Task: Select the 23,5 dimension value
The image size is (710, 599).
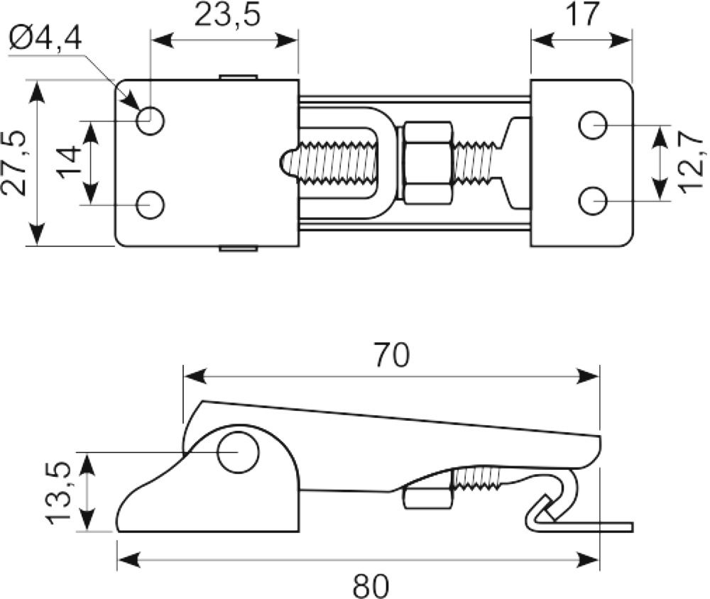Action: coord(228,16)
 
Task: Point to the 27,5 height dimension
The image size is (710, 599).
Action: coord(13,163)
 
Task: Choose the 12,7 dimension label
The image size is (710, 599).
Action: coord(692,162)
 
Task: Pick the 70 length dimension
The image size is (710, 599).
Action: coord(391,355)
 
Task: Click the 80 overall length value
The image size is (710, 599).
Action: coord(371,586)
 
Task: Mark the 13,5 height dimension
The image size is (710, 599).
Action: coord(58,493)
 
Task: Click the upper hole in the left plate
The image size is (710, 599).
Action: coord(151,121)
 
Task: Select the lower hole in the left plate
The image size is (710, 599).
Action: coord(151,205)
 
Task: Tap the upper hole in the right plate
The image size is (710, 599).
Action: coord(593,125)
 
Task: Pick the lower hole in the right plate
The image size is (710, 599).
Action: coord(593,201)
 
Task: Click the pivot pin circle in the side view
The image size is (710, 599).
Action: coord(238,452)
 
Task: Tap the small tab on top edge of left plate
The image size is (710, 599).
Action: coord(239,77)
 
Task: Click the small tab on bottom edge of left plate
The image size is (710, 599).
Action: coord(239,248)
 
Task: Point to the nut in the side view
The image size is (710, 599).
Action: coord(427,498)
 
